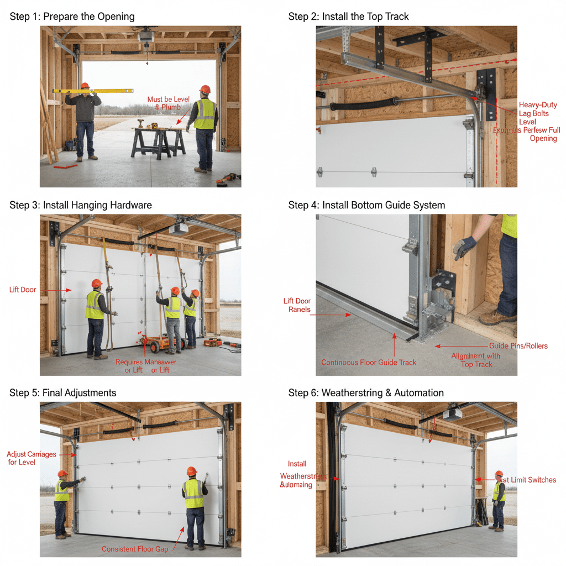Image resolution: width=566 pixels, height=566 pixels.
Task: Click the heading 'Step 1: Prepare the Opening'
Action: [x=72, y=17]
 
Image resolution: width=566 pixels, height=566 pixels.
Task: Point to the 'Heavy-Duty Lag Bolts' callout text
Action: [x=538, y=109]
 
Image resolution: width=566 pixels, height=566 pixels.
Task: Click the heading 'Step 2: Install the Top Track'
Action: [x=348, y=17]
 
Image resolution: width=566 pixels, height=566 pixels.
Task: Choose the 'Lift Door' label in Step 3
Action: [x=23, y=290]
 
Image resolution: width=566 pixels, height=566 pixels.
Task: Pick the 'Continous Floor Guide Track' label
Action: [x=369, y=363]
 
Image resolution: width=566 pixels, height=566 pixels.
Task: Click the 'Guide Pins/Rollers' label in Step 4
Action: [x=518, y=346]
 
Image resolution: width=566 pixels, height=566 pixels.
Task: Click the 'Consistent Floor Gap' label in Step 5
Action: [x=135, y=549]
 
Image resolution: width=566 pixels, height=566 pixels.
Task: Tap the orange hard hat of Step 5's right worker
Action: [x=192, y=471]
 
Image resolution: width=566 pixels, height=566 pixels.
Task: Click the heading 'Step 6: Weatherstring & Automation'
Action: [x=366, y=393]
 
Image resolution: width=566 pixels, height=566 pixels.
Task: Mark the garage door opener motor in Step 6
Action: [x=452, y=414]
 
